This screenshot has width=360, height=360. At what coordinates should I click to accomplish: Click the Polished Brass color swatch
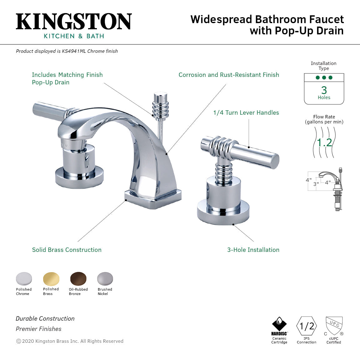(51, 279)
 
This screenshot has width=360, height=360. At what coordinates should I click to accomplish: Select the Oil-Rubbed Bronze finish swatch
(78, 279)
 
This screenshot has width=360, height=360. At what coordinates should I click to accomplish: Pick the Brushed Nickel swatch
(105, 279)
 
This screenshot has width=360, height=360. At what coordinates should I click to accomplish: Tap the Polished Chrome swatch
(24, 279)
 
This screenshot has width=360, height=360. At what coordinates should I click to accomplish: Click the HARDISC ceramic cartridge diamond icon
(279, 324)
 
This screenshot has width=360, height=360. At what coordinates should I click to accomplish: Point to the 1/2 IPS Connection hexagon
(307, 326)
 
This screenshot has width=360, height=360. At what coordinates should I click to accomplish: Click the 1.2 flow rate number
(324, 142)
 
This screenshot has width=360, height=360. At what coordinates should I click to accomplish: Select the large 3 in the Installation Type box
(324, 90)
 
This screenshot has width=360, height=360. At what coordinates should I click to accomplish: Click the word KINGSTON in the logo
(74, 22)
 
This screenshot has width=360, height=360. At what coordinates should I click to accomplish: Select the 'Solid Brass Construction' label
(67, 250)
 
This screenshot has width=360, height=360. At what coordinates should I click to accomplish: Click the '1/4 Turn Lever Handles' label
(246, 112)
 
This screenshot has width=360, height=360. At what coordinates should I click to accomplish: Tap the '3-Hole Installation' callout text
(253, 250)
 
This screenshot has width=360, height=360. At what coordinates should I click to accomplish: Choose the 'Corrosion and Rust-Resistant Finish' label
(229, 75)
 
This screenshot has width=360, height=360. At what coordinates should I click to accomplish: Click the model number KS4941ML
(74, 51)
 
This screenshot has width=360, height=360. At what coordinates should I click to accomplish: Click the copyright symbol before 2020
(18, 341)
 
